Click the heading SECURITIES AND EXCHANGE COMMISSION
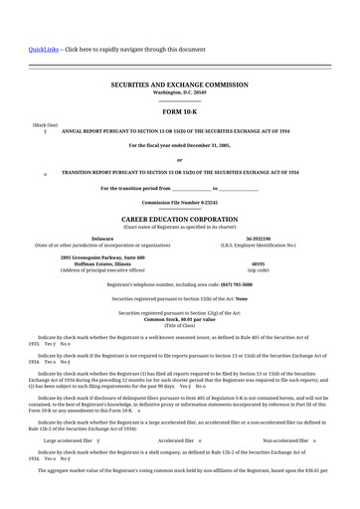(179, 85)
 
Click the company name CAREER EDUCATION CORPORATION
(179, 218)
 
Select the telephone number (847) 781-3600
(229, 283)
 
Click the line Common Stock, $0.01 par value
(179, 318)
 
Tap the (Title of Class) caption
(179, 325)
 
